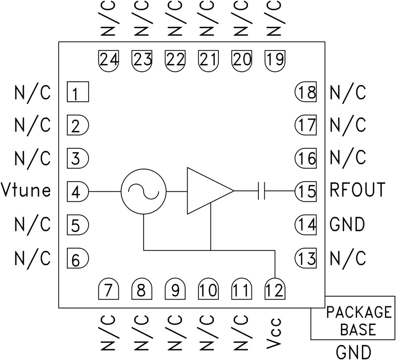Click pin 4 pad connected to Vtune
point(77,191)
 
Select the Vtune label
point(26,190)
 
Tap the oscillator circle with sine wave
point(143,191)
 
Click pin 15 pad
point(305,191)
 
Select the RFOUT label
point(357,190)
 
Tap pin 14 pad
point(305,225)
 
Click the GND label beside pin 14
point(347,224)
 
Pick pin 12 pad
point(275,289)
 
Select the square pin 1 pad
point(77,92)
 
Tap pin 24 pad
point(109,60)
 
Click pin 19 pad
point(275,60)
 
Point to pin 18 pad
point(305,92)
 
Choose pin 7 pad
point(109,289)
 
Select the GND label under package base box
point(353,352)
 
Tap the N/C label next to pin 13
point(347,258)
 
